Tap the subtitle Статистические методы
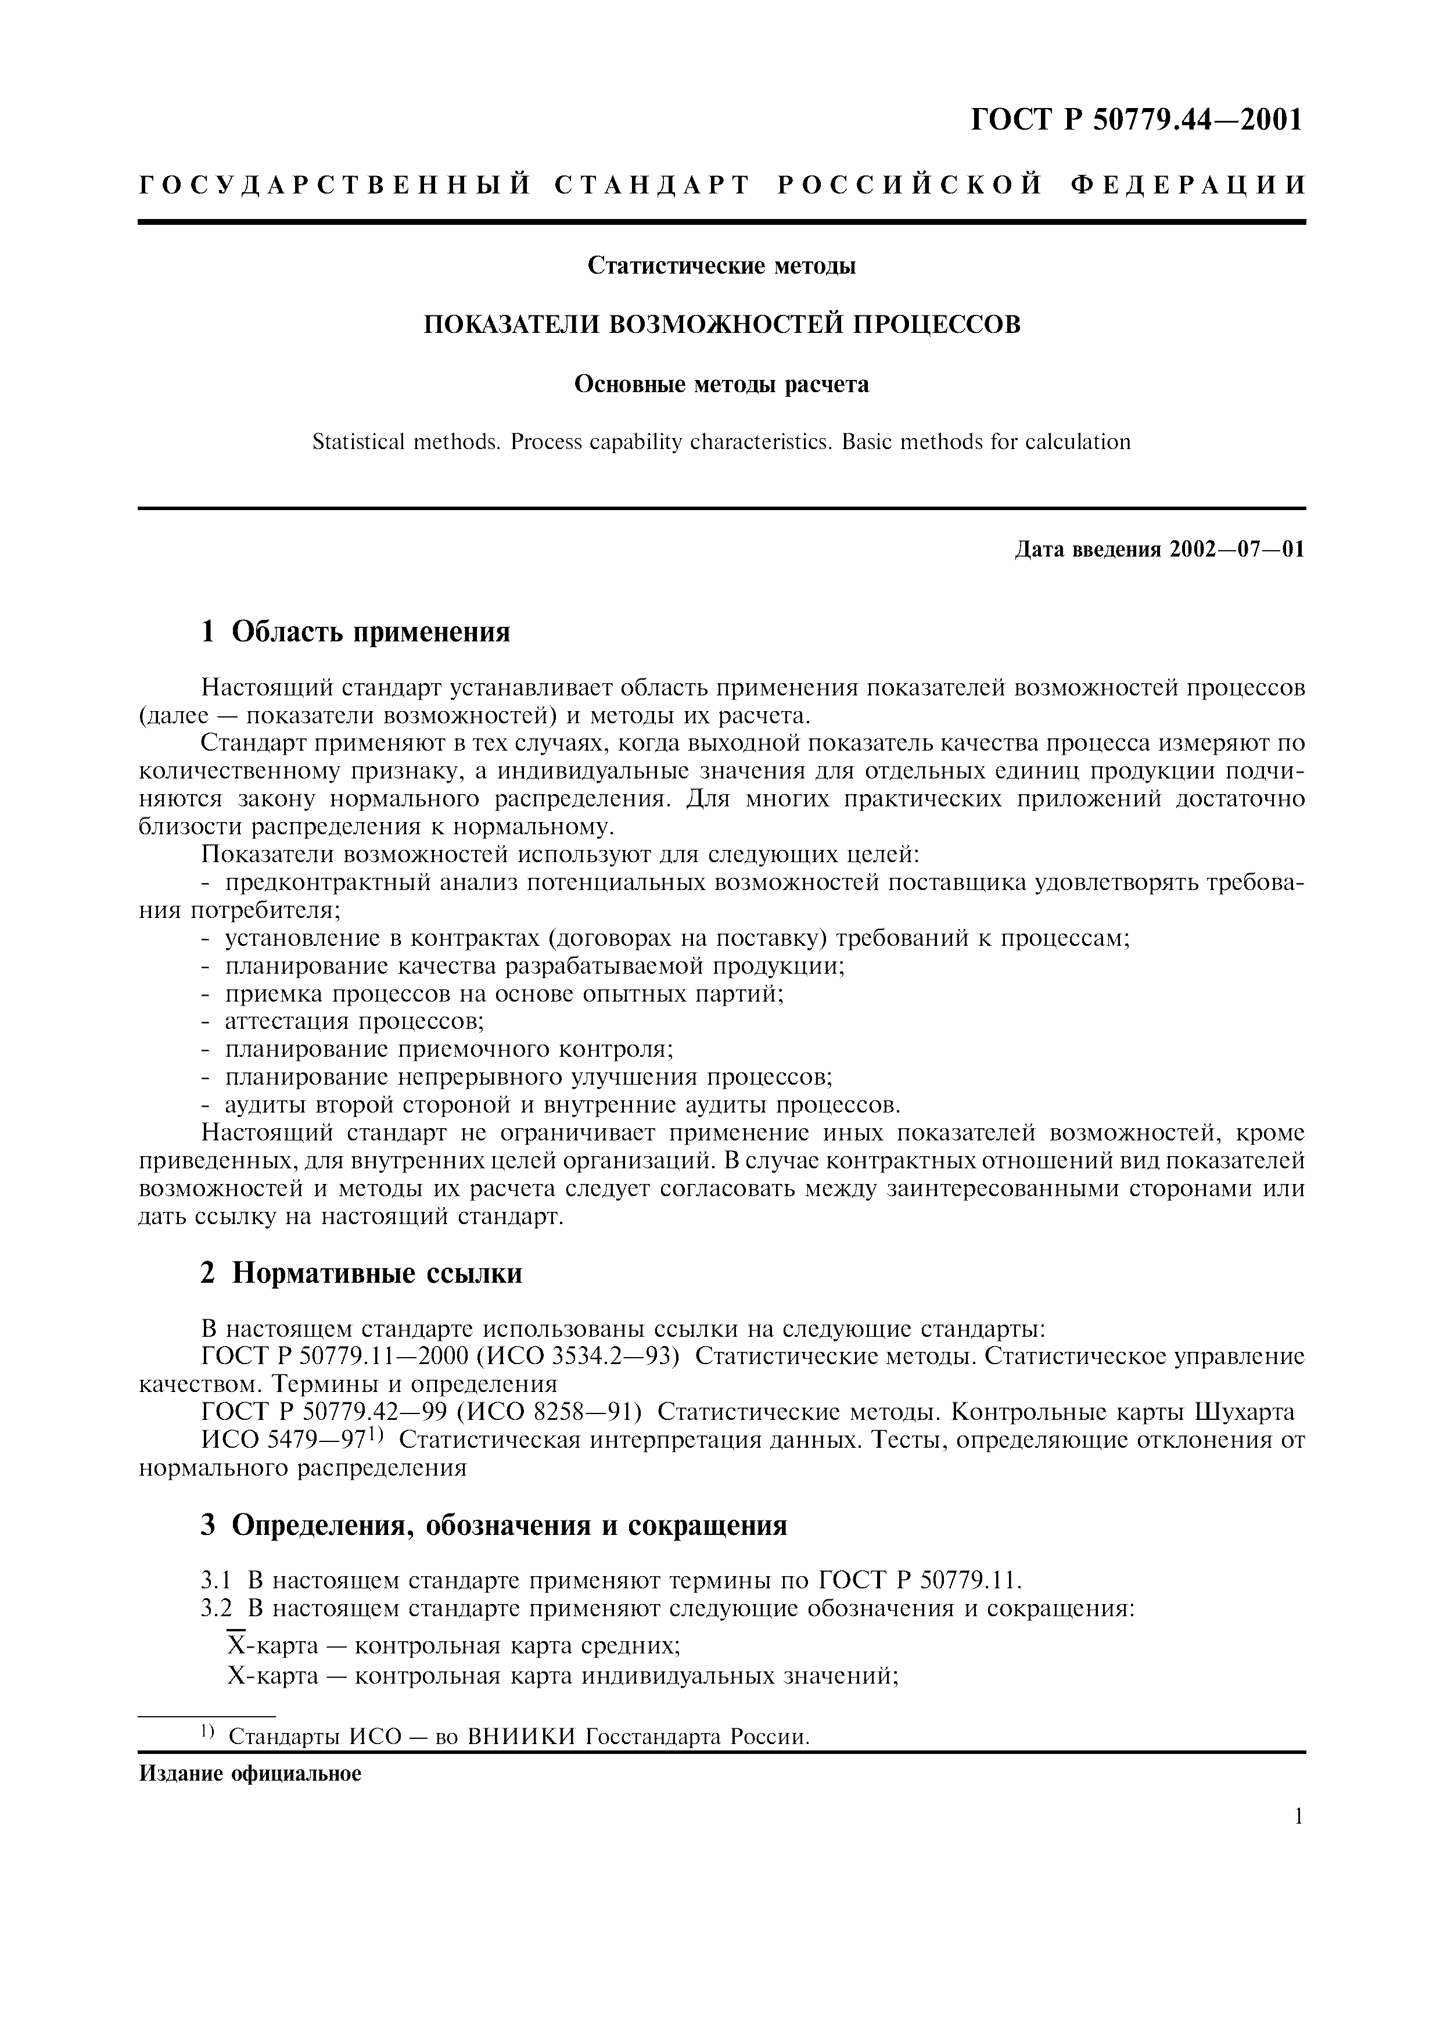pos(721,265)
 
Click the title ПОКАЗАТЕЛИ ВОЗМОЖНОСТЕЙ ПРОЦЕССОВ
pos(721,325)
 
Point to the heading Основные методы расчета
pos(721,385)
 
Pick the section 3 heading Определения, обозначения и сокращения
pos(493,1526)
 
